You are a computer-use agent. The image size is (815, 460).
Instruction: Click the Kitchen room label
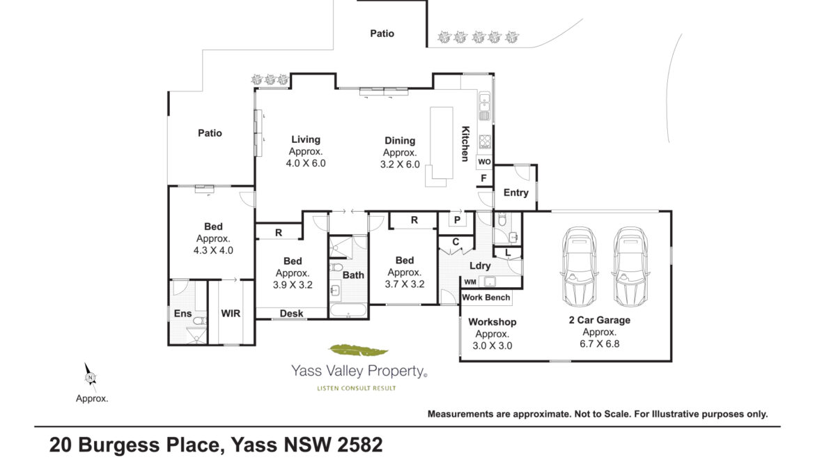click(x=465, y=144)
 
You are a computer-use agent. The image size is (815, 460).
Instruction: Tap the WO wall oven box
click(x=484, y=162)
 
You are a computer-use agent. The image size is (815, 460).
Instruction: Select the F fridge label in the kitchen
click(x=484, y=178)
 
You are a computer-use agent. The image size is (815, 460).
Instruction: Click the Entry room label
click(x=515, y=192)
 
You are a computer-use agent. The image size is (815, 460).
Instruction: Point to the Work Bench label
click(x=486, y=298)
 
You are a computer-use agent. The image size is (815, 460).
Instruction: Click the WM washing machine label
click(x=470, y=282)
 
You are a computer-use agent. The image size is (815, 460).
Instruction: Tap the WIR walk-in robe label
click(x=231, y=314)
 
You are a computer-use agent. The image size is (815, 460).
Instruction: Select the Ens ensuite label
click(x=183, y=314)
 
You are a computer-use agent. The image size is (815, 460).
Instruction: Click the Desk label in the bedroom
click(x=291, y=314)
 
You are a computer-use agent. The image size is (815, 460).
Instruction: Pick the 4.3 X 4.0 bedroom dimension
click(x=213, y=250)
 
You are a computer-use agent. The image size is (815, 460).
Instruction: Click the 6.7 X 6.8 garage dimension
click(x=599, y=344)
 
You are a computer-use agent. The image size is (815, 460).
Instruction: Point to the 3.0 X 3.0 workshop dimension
click(x=492, y=346)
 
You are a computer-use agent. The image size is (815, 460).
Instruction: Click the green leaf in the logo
click(x=359, y=351)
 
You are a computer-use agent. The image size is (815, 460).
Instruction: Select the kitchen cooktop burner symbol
click(x=484, y=141)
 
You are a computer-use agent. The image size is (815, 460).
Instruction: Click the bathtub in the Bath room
click(x=348, y=310)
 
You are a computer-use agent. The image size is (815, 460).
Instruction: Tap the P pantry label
click(x=457, y=220)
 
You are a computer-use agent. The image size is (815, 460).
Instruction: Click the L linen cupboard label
click(x=508, y=253)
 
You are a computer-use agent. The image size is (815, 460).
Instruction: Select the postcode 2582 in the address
click(x=359, y=445)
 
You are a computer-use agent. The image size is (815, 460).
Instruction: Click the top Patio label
click(x=382, y=33)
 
